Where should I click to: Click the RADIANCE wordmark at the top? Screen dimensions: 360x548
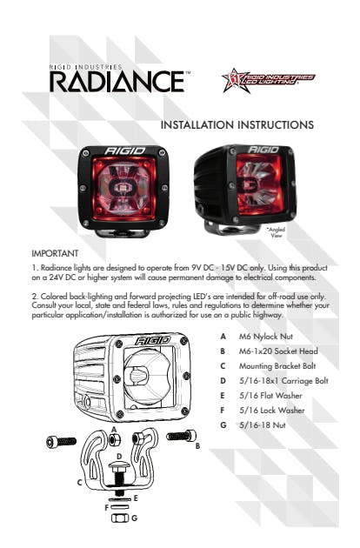click(117, 82)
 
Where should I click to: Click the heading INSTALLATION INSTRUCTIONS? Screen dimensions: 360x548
click(237, 124)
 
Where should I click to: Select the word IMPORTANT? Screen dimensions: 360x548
click(55, 253)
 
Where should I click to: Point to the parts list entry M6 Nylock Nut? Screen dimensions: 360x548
click(266, 337)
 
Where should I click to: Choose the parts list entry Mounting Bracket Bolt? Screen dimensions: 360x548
click(277, 366)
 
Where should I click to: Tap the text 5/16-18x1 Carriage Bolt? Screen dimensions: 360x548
click(283, 381)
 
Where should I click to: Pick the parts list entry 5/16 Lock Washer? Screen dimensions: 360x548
click(272, 411)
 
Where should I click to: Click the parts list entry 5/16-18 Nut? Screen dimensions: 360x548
click(263, 425)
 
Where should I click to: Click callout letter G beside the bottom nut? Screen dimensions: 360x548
click(134, 518)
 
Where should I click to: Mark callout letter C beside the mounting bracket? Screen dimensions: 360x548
click(80, 483)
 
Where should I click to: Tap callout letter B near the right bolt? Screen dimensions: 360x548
click(197, 446)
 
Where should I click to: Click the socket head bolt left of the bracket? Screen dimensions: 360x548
click(61, 442)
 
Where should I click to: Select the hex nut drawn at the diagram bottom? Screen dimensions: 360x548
click(120, 518)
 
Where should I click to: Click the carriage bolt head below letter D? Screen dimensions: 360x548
click(119, 465)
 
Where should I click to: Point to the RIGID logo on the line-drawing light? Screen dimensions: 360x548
click(153, 340)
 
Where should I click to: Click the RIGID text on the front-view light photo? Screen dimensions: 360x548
click(124, 150)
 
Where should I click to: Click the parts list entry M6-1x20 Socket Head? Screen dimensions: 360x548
click(278, 351)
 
